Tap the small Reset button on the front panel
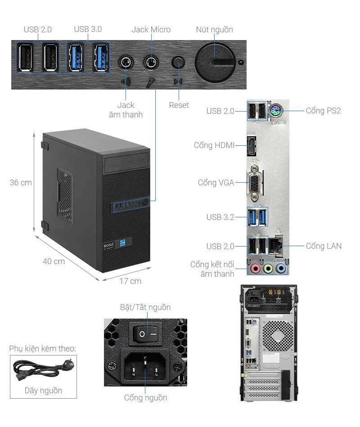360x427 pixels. pos(179,62)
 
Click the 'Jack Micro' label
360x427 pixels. pos(151,30)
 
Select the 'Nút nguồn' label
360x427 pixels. pos(214,30)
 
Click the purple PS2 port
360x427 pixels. pos(276,111)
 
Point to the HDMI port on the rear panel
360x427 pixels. pos(251,145)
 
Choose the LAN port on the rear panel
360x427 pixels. pos(275,246)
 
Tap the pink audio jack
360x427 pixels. pos(255,269)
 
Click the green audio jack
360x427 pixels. pos(268,269)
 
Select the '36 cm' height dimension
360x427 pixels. pos(21,183)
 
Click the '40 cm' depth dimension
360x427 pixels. pos(54,261)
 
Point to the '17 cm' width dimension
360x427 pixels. pos(130,281)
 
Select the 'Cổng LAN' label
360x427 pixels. pos(324,246)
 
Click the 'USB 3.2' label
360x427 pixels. pos(220,217)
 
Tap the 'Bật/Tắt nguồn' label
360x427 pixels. pos(145,307)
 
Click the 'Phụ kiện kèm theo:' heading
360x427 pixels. pos(42,349)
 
